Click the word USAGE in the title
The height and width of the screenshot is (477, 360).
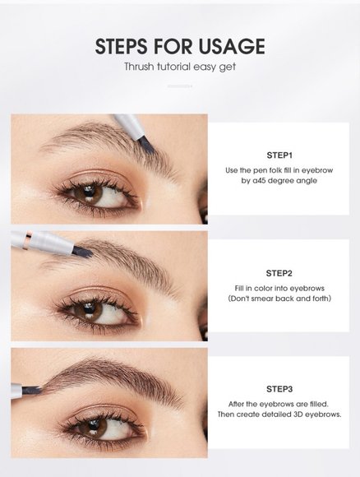[x=232, y=46]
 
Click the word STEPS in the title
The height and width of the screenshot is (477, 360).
[x=122, y=46]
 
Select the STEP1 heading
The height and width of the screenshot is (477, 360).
[x=279, y=155]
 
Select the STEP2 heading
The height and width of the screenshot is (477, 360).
[x=279, y=273]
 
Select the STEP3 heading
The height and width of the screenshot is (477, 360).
[x=279, y=389]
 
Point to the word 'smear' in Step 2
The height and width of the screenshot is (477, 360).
[x=263, y=299]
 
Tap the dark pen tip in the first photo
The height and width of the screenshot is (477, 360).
[x=146, y=145]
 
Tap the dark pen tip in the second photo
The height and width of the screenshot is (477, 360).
[x=82, y=252]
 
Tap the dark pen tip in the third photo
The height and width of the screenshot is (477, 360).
[x=31, y=390]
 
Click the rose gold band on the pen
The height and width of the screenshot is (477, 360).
[x=28, y=239]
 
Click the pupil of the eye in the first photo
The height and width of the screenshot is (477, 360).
[x=89, y=192]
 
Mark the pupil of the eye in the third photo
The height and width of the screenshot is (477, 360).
[x=94, y=424]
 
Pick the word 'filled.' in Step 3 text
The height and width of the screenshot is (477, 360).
[x=319, y=404]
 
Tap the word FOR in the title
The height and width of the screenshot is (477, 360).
[x=173, y=46]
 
